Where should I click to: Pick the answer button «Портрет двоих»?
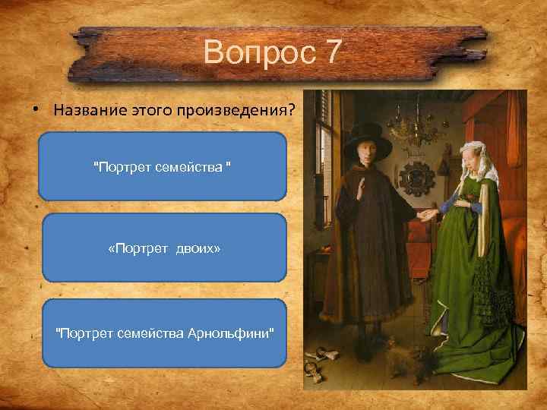pos(164,248)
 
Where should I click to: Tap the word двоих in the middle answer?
pos(201,248)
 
